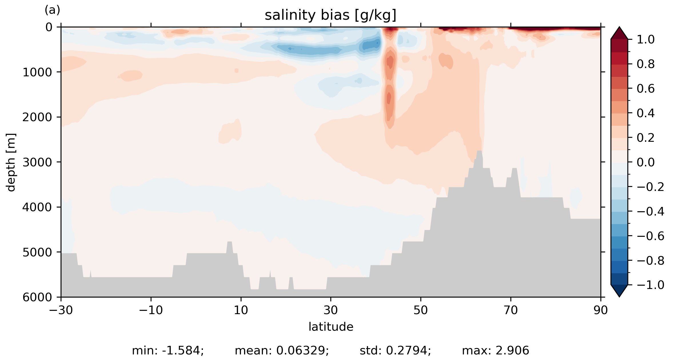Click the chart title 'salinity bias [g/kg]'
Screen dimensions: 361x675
330,15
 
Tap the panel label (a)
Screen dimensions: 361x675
52,10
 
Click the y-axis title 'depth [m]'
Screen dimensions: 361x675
11,162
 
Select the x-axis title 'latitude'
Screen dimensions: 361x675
331,327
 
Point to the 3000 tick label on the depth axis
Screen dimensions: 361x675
37,162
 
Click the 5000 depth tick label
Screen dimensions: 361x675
37,252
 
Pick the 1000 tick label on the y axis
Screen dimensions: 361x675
37,72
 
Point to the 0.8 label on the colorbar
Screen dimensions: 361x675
646,64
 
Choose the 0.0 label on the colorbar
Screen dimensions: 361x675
646,163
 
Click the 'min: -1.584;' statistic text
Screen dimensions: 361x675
168,351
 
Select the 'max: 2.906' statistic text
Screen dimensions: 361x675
496,351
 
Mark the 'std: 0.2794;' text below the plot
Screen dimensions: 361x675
395,351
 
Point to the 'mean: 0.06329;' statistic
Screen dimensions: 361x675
282,351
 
